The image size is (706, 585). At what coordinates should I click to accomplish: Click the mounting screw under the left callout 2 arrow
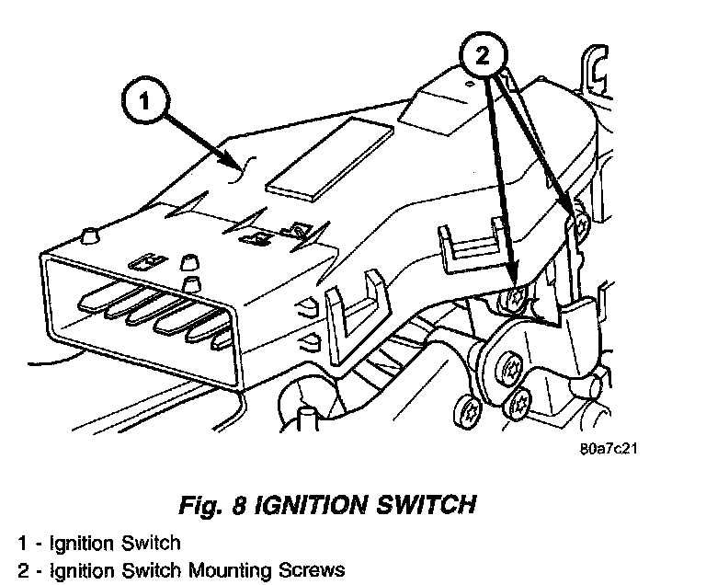517,296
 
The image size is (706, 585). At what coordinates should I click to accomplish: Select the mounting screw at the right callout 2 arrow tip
580,222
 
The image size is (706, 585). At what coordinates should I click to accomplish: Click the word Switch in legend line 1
151,543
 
